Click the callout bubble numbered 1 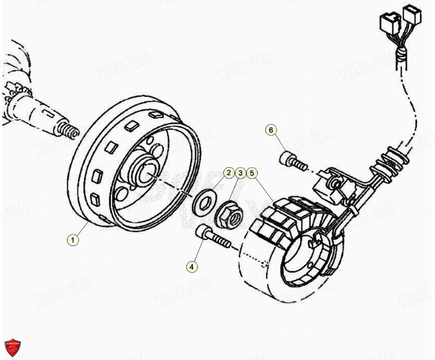pyautogui.click(x=73, y=240)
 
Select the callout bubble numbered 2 pyautogui.click(x=228, y=173)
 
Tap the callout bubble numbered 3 pyautogui.click(x=240, y=173)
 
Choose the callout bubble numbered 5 pyautogui.click(x=252, y=173)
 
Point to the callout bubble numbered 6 pyautogui.click(x=270, y=130)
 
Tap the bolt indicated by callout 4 pyautogui.click(x=212, y=237)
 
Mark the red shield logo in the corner pyautogui.click(x=12, y=347)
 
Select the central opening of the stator pyautogui.click(x=301, y=261)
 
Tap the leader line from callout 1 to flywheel pyautogui.click(x=81, y=230)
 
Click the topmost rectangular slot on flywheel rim pyautogui.click(x=156, y=115)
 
